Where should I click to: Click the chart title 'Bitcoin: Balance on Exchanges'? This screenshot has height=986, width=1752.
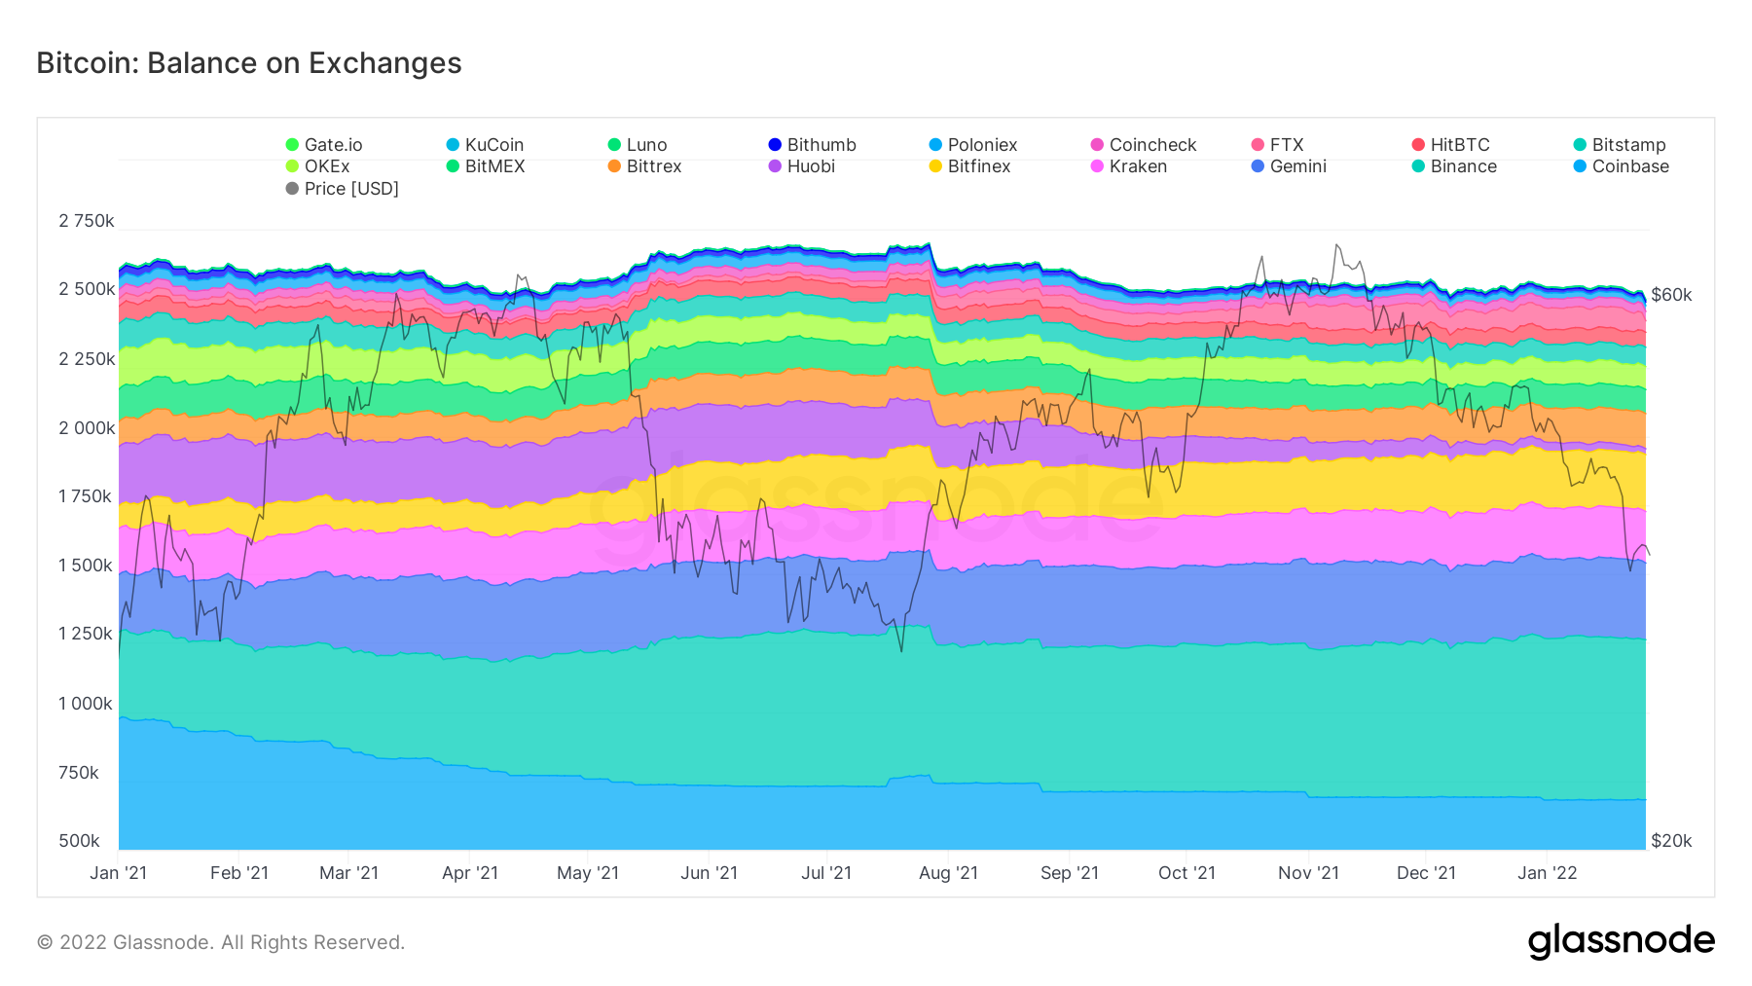249,63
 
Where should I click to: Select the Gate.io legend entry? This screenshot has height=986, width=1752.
324,145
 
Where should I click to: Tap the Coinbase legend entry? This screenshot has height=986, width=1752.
1621,166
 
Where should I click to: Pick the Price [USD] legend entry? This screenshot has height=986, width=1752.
342,189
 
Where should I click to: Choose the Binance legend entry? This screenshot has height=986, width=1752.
1454,166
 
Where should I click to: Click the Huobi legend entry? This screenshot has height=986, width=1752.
801,166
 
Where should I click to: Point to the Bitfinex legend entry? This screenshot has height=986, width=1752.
969,166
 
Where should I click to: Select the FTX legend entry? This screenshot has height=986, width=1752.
1277,145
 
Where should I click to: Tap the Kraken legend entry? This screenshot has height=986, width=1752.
1128,166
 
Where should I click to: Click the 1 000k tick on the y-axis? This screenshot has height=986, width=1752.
86,704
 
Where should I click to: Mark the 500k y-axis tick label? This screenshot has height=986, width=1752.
79,841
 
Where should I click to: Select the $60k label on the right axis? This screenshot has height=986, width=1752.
1671,295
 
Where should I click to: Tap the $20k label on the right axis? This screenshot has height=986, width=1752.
1671,841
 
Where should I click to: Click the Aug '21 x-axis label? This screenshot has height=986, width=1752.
948,873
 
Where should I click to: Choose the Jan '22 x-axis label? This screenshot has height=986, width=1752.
1547,873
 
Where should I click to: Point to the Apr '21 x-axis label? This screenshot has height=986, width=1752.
470,873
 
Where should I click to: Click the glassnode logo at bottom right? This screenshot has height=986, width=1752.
1621,941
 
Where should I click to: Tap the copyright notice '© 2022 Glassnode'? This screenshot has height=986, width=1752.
221,942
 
